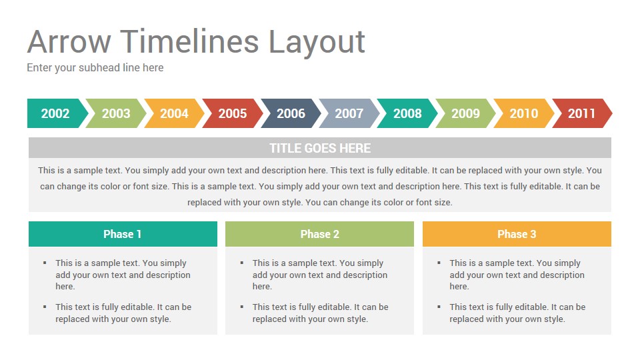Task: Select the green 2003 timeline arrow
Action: pyautogui.click(x=116, y=113)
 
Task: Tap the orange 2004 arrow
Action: pyautogui.click(x=174, y=113)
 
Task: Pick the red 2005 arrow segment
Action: pyautogui.click(x=233, y=113)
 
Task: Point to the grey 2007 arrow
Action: pyautogui.click(x=349, y=113)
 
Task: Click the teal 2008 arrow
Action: pyautogui.click(x=407, y=113)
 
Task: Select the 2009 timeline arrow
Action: pyautogui.click(x=466, y=113)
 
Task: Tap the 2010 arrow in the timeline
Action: pyautogui.click(x=524, y=113)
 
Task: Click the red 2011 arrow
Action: pyautogui.click(x=582, y=113)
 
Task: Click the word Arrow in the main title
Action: pyautogui.click(x=69, y=41)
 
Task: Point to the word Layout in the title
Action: pyautogui.click(x=316, y=43)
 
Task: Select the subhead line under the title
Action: pyautogui.click(x=95, y=68)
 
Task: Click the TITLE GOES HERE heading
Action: pyautogui.click(x=320, y=148)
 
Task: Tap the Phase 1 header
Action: pyautogui.click(x=123, y=234)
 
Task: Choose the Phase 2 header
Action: pyautogui.click(x=319, y=234)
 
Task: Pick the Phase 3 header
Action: pyautogui.click(x=517, y=234)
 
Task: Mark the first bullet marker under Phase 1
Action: pyautogui.click(x=45, y=263)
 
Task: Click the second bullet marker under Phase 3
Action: pyautogui.click(x=439, y=307)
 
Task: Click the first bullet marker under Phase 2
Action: pyautogui.click(x=242, y=263)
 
